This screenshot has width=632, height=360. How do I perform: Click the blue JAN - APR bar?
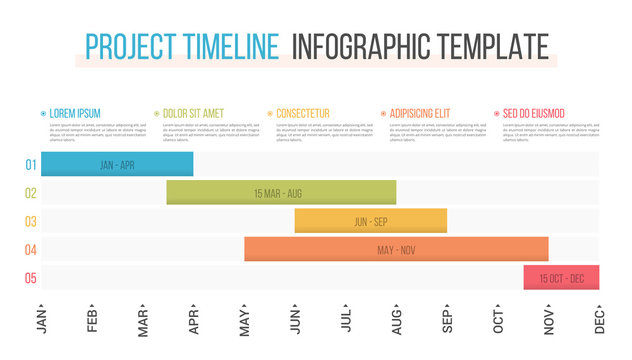point(117,165)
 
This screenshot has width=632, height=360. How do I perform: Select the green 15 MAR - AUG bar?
point(281,193)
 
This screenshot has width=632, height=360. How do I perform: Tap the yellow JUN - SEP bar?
point(370,221)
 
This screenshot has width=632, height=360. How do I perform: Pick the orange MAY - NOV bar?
point(396,249)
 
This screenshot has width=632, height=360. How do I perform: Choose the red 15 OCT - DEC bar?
point(561,278)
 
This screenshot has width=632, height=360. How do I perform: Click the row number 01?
point(31,165)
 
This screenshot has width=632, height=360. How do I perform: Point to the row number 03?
point(31,221)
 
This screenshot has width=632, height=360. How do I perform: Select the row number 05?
point(31,278)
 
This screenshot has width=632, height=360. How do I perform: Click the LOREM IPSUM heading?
point(75,114)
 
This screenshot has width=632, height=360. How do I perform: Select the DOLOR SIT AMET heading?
point(194,114)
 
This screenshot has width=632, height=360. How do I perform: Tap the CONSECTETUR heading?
point(302,114)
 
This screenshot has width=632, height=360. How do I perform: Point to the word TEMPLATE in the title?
point(492,47)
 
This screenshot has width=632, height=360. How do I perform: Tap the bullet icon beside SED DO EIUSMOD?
point(496,114)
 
